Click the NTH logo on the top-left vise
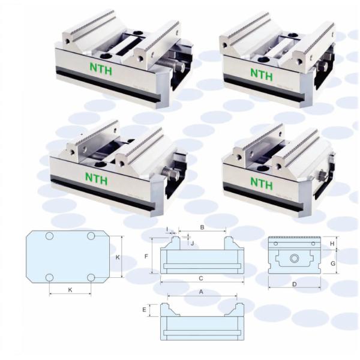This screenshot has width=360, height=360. tap(101, 69)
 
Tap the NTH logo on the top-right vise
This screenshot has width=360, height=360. tap(262, 74)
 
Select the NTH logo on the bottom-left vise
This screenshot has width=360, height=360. tap(97, 179)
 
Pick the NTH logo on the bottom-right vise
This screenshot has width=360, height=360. tap(262, 183)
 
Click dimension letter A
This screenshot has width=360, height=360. tap(201, 292)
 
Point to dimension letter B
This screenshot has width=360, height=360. tap(202, 227)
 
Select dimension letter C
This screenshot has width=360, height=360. tap(201, 278)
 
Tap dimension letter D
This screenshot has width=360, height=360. tap(295, 284)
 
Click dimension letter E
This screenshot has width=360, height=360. tap(144, 310)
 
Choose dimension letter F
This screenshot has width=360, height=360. tap(146, 256)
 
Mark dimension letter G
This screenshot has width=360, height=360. tap(333, 263)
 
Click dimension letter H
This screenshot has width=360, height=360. tap(332, 244)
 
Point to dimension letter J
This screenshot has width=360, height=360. tap(193, 243)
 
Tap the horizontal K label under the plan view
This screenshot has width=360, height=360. tap(70, 290)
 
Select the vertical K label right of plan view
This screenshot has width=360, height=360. tap(118, 257)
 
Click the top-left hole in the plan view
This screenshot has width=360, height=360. tap(49, 236)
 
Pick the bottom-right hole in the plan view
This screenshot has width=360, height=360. tap(91, 277)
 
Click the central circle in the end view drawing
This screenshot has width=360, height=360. tap(295, 259)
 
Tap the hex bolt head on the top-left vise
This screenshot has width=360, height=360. tap(181, 67)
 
